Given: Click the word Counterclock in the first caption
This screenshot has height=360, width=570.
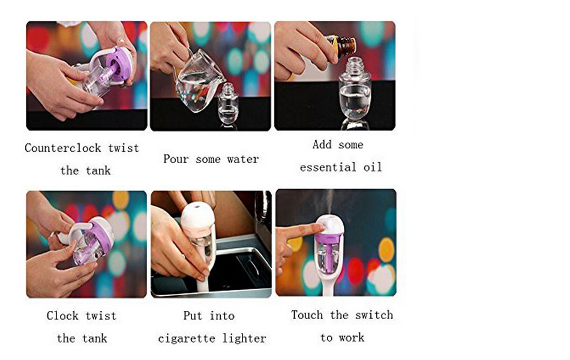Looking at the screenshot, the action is coord(63,148).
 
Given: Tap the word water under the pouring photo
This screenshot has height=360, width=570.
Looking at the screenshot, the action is coord(243,159).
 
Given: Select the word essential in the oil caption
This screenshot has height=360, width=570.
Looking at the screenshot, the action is coord(328,167).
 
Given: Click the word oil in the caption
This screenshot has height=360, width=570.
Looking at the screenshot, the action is coord(373,167).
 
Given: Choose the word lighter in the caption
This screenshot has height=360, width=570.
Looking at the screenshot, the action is coord(244,338).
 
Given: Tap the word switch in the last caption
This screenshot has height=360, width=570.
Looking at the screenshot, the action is coord(374,314).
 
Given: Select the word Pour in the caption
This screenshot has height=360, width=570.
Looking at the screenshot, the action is coord(176,159).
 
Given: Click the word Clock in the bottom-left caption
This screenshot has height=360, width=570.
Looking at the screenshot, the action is coord(62,315).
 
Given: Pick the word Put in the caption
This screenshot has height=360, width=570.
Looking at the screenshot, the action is coord(193,315).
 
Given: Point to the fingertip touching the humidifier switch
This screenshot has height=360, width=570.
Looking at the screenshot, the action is coord(319,228).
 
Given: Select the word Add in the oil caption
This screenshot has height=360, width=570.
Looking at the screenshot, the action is coord(322,145).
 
